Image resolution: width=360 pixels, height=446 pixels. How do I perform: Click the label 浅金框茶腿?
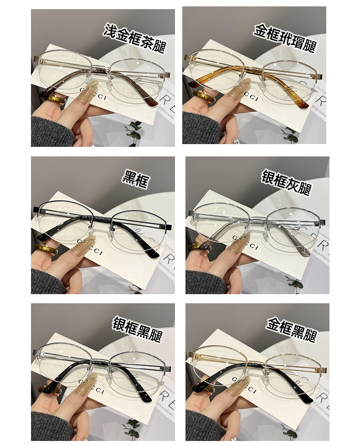pos(134,38)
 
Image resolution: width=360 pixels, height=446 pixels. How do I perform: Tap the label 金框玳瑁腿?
pos(285,39)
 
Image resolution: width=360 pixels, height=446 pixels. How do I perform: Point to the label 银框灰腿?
pos(286,182)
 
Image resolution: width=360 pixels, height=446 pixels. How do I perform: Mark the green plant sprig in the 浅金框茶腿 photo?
pos(134,130)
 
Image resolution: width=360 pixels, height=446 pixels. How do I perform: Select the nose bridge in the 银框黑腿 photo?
pos(103,360)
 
